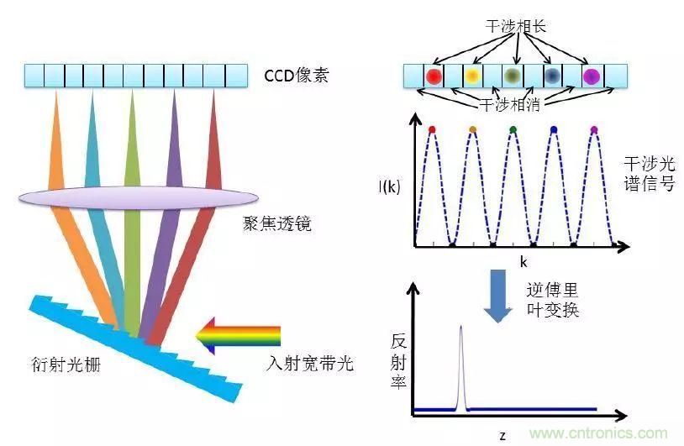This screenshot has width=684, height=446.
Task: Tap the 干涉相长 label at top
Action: pos(516,26)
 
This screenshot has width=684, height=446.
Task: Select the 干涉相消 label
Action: pos(512,105)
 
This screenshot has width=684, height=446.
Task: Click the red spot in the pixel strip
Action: pos(434,76)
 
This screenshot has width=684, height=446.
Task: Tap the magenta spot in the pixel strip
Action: pos(592,76)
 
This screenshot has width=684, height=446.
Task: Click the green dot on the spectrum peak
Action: pos(513,129)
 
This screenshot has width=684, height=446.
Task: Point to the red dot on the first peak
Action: pos(432,129)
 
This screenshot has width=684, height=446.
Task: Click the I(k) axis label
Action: pos(390,186)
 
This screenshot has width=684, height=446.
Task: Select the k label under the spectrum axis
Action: pos(522,262)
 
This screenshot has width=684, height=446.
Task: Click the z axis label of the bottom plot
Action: pos(502,434)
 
